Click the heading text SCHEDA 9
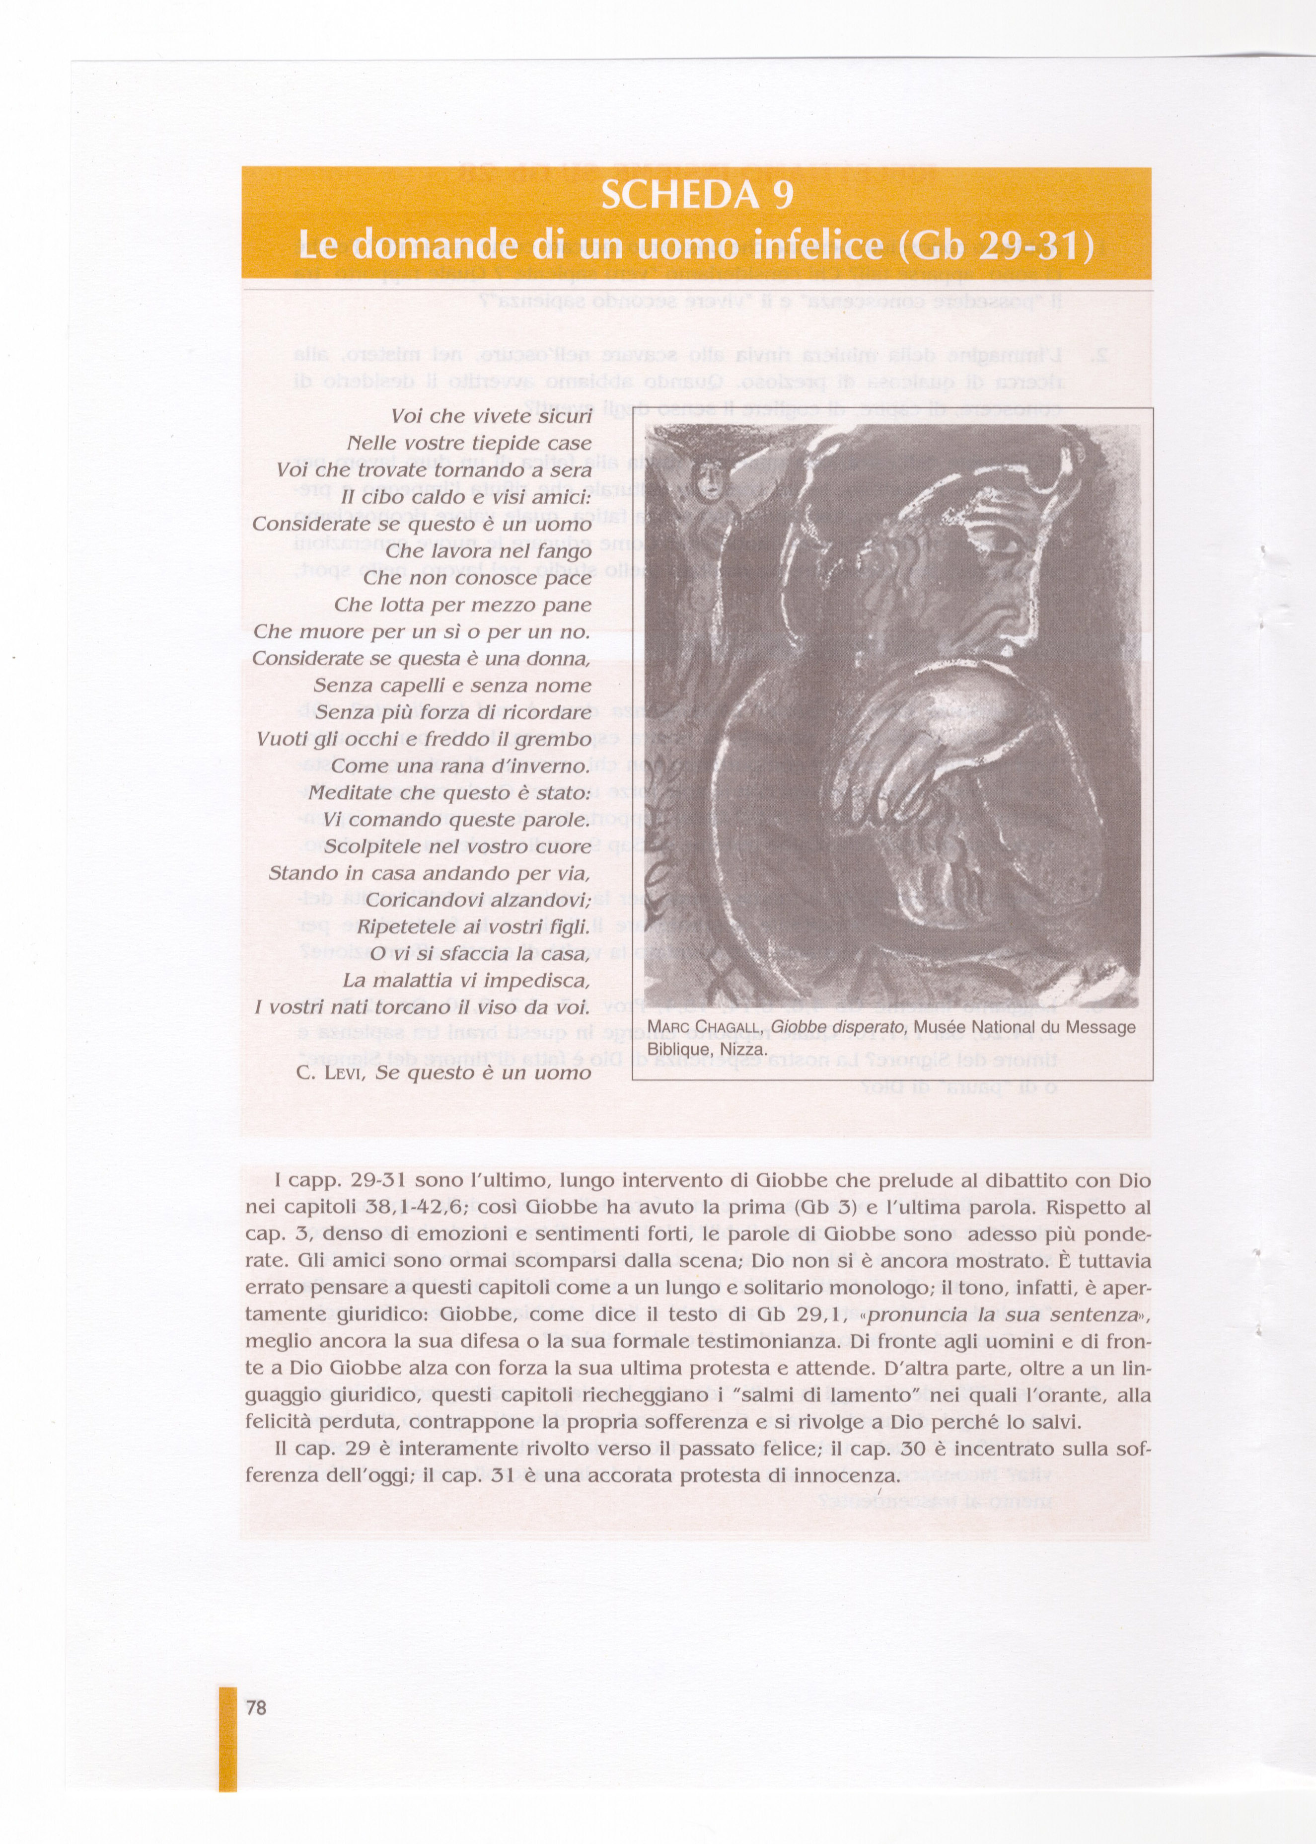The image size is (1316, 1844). (x=696, y=195)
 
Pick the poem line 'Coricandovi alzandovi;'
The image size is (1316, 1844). (x=479, y=900)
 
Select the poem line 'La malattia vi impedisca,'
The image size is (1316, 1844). (x=466, y=980)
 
